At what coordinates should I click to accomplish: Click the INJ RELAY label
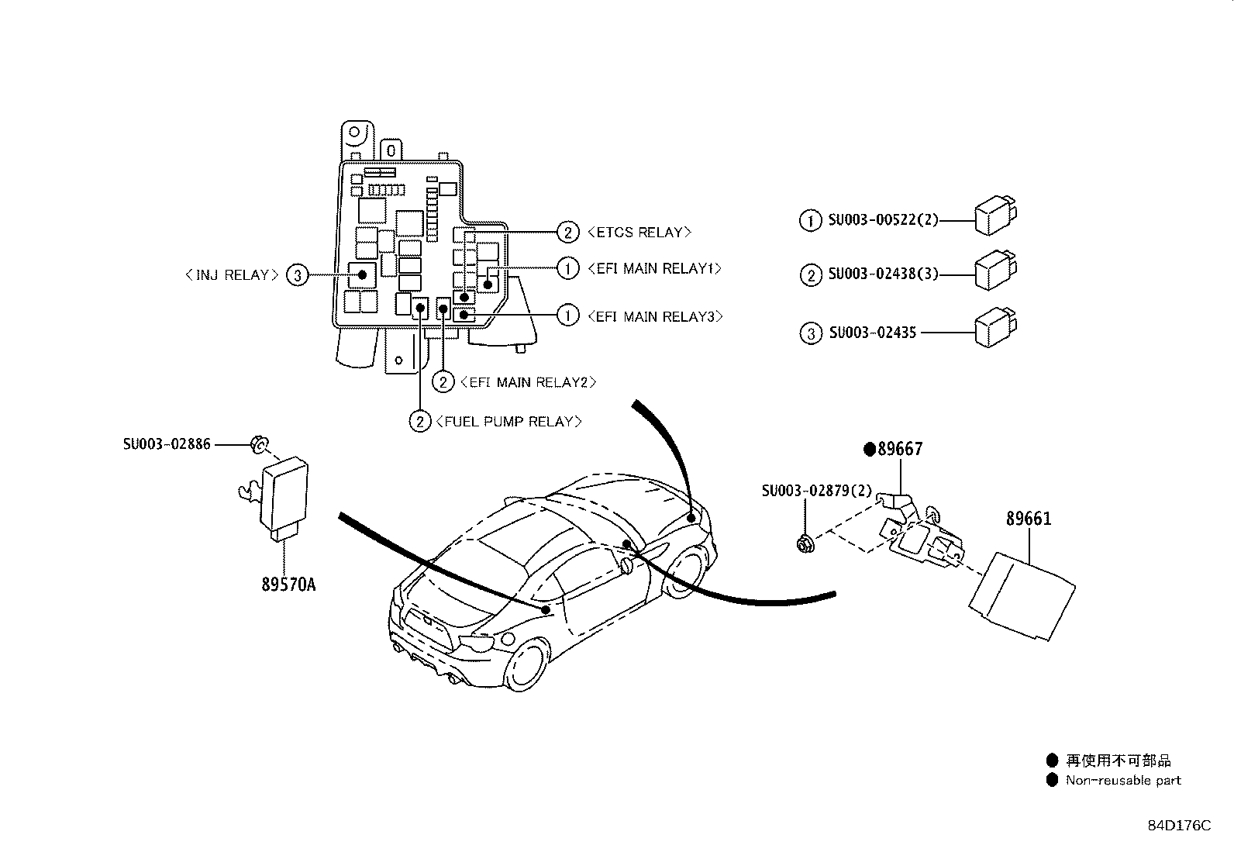pos(232,275)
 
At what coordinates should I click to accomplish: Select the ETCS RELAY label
pos(639,232)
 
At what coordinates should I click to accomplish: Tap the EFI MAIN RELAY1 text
pos(655,269)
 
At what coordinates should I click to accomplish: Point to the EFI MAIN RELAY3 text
pos(655,316)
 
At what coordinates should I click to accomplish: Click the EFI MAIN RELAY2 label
pos(528,382)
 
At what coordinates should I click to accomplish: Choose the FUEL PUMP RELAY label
pos(508,422)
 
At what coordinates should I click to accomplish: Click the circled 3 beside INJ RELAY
pos(297,275)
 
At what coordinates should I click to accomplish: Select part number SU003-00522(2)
pos(882,220)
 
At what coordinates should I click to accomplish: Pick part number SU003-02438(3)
pos(882,274)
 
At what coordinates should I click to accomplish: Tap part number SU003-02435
pos(872,333)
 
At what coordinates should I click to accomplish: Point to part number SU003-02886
pos(167,445)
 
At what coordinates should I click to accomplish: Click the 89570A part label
pos(288,585)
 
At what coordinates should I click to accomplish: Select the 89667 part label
pos(900,449)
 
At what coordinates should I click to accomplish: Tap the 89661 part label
pos(1029,519)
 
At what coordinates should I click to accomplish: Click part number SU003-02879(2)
pos(816,491)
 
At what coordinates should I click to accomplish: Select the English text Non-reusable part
pos(1123,781)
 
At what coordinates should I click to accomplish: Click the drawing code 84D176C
pos(1179,826)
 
